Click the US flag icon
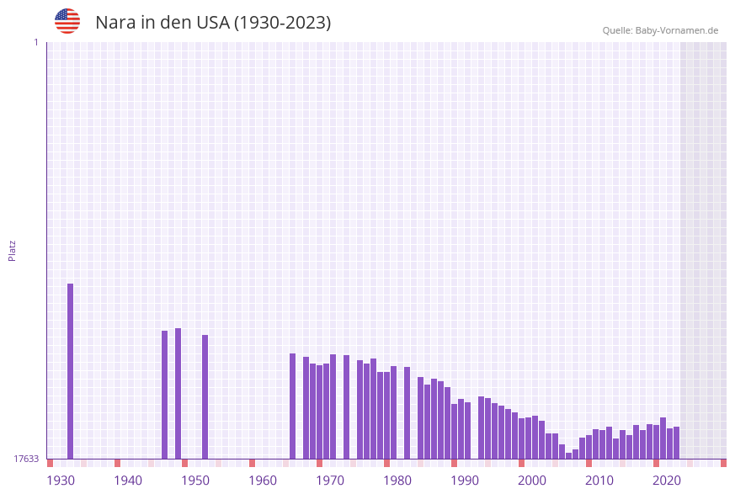(x=67, y=21)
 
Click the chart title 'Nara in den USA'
(x=213, y=23)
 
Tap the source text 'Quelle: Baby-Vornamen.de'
(x=660, y=30)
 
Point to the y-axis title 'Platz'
(x=13, y=250)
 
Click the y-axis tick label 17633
(x=26, y=459)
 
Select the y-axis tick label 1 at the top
(x=35, y=42)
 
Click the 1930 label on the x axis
(x=61, y=481)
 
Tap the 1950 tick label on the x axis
(x=195, y=481)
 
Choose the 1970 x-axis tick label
(x=330, y=481)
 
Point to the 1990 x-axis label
(x=465, y=481)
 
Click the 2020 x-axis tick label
(x=667, y=481)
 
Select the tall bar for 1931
(x=70, y=370)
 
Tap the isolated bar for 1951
(x=205, y=396)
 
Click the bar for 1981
(x=407, y=412)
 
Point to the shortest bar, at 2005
(x=568, y=455)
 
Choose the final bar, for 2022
(x=676, y=443)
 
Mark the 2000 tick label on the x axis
(x=532, y=481)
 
